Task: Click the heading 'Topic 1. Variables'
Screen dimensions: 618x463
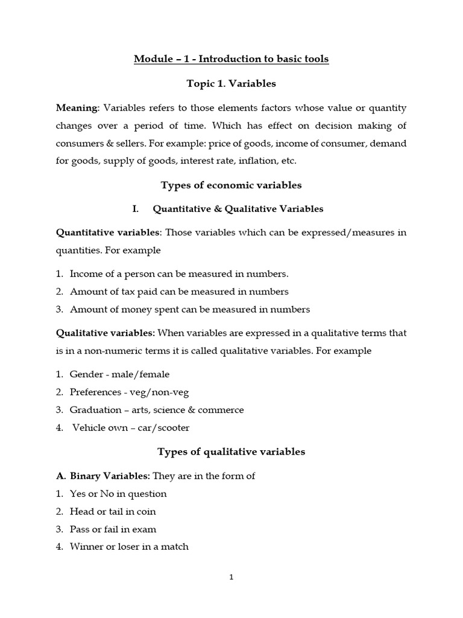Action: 231,84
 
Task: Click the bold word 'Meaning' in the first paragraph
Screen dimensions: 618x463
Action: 77,108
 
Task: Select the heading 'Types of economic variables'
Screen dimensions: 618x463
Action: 231,185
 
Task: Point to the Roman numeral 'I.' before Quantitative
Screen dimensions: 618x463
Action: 136,209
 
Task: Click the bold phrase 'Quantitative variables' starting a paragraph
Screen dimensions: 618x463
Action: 108,232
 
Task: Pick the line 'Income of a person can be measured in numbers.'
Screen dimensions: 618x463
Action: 179,274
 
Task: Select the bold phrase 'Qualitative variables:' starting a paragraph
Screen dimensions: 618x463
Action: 106,333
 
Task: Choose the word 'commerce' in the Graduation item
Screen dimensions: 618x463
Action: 224,410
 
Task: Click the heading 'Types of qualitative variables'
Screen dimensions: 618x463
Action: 231,451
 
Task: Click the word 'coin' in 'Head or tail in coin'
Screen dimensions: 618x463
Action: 145,511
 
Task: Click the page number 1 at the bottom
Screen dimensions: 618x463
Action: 231,577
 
